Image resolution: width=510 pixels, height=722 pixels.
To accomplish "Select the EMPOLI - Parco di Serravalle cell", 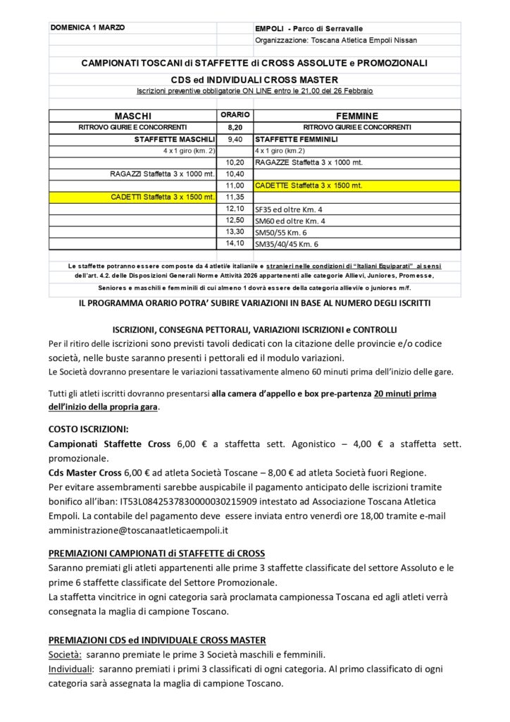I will pos(309,28).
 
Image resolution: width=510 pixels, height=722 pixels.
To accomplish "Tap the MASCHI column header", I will pos(132,116).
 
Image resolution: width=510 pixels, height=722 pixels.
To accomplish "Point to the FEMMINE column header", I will pos(357,116).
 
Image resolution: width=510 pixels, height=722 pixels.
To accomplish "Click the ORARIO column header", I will pos(235,114).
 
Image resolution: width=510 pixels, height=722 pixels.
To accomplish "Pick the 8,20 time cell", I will pos(235,127).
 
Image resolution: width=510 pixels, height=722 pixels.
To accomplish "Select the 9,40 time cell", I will pos(235,140).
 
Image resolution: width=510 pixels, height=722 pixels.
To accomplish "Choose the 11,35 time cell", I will pos(235,197).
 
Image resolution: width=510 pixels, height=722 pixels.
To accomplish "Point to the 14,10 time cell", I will pos(235,243).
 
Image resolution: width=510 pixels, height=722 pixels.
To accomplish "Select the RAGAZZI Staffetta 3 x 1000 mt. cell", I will pos(162,173).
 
